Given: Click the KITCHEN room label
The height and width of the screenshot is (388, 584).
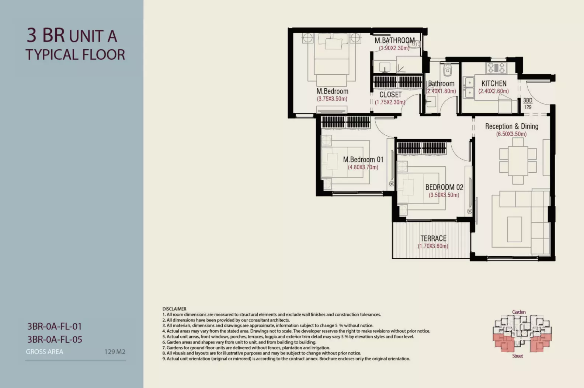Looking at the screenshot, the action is point(494,84).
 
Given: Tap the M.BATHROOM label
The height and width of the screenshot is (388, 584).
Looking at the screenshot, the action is point(395,40).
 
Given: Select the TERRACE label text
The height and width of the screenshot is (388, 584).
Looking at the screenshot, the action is point(433,239).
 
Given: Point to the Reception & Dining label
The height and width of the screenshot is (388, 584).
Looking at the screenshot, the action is point(511,127).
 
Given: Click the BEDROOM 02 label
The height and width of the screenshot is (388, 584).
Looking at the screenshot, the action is point(444,187).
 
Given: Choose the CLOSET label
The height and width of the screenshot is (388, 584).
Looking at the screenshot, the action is point(390,95).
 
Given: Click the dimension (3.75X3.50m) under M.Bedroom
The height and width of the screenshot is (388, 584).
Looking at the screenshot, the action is point(332,99).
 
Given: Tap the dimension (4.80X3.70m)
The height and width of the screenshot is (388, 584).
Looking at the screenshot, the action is point(363,167).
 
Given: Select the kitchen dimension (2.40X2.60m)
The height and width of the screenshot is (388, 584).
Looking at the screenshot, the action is point(493,91).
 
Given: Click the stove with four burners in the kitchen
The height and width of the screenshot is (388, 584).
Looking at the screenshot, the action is point(497,68).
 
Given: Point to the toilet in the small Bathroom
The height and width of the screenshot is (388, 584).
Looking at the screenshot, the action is point(447,70).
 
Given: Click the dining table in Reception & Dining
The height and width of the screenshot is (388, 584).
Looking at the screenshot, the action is point(518,161).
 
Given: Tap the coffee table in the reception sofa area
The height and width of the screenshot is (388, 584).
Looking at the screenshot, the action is point(514,229).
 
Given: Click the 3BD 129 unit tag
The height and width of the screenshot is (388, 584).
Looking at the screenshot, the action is point(528,103).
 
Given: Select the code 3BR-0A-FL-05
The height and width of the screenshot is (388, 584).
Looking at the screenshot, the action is point(55,339).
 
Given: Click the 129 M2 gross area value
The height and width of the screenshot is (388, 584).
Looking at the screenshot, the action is point(115,352).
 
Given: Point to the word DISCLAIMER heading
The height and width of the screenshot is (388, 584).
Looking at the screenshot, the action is point(174,309).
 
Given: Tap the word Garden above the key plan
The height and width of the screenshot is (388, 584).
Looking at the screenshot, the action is point(519,312).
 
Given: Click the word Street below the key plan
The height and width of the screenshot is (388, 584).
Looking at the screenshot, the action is point(518,356).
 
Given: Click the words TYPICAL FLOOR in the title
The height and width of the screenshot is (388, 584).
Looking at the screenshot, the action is point(75,55).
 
